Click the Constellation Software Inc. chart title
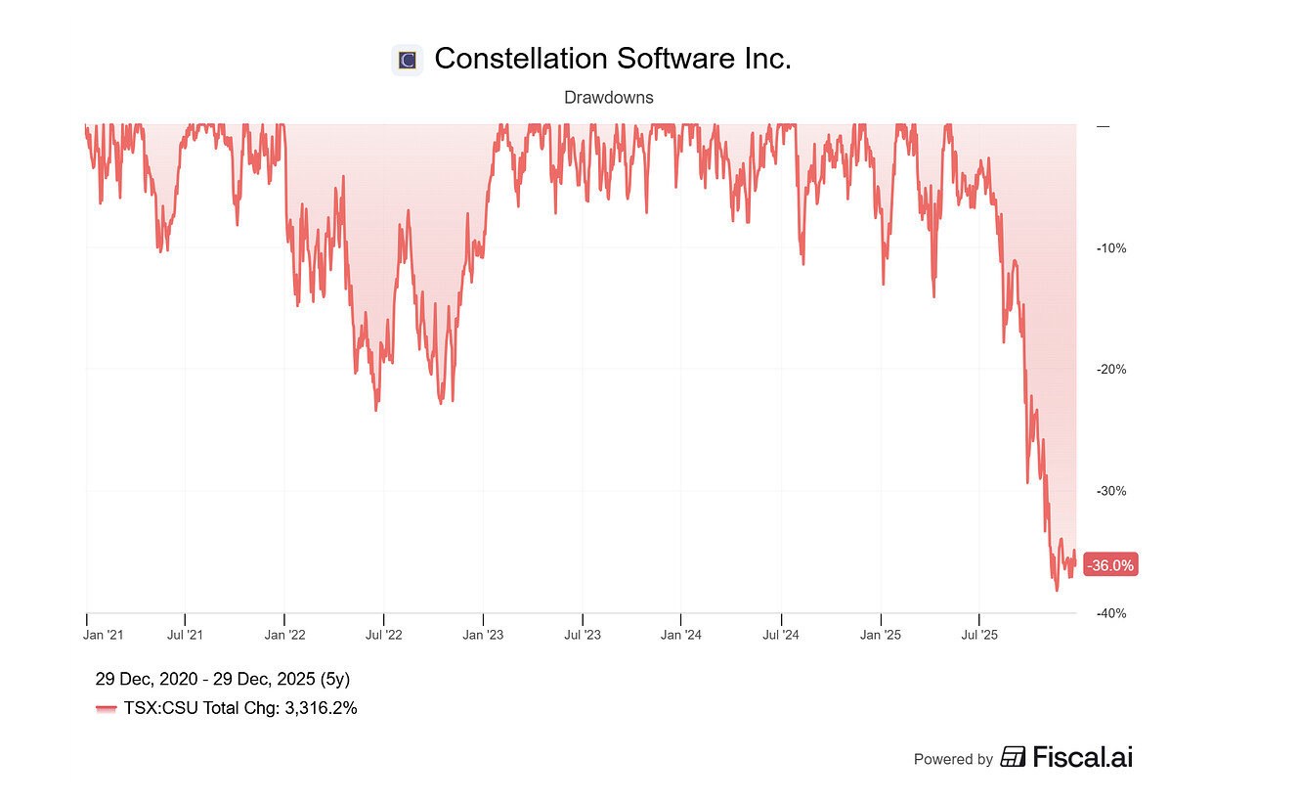pyautogui.click(x=612, y=59)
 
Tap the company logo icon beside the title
pyautogui.click(x=407, y=61)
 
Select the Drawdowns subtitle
pyautogui.click(x=609, y=98)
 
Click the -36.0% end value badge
pyautogui.click(x=1110, y=565)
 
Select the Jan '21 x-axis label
pyautogui.click(x=104, y=635)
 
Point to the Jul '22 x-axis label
pyautogui.click(x=383, y=635)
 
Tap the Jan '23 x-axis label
pyautogui.click(x=483, y=635)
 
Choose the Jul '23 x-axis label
pyautogui.click(x=583, y=635)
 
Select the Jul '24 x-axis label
pyautogui.click(x=781, y=635)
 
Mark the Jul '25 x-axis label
pyautogui.click(x=979, y=635)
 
